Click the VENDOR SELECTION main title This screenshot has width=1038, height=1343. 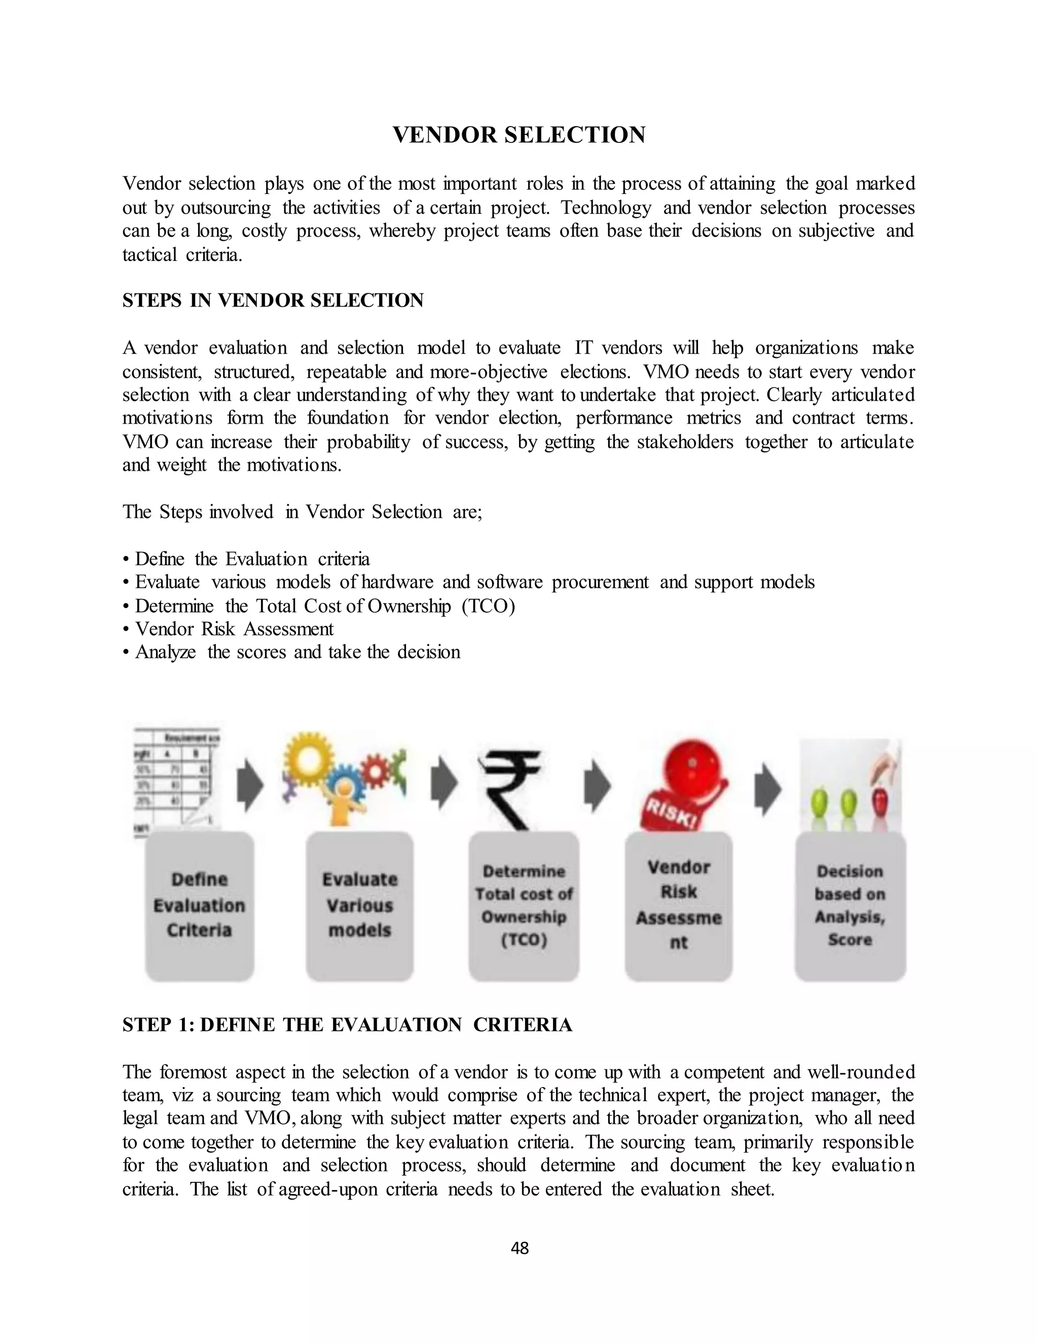point(519,135)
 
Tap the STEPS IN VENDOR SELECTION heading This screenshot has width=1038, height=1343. point(273,300)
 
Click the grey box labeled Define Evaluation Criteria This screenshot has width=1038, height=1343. point(199,905)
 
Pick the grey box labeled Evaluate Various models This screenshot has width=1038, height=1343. point(360,905)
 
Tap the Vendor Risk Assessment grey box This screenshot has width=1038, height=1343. point(678,905)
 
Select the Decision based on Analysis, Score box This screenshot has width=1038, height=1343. point(850,905)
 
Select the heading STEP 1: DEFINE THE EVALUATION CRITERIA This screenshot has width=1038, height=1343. point(347,1024)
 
